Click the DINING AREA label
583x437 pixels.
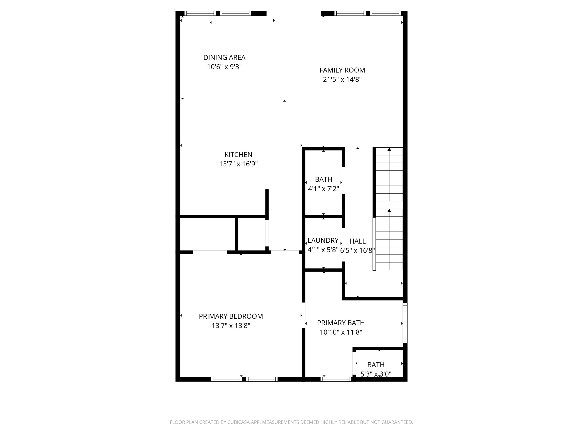[x=224, y=57]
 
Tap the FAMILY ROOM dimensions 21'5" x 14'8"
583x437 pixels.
[x=342, y=80]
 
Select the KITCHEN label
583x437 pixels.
[x=238, y=155]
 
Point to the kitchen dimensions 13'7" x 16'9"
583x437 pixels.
[x=238, y=164]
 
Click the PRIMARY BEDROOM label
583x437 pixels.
[x=231, y=316]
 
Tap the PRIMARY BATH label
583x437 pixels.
[x=341, y=323]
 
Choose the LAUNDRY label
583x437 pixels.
[x=323, y=240]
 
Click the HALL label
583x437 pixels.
[x=357, y=241]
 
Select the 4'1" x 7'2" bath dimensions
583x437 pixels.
[x=323, y=189]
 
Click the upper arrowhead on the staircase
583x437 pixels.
[x=389, y=149]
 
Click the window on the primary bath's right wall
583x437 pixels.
[x=405, y=323]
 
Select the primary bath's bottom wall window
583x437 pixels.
[x=336, y=379]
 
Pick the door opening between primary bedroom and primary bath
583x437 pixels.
[x=304, y=315]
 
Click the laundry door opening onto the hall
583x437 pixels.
[x=343, y=245]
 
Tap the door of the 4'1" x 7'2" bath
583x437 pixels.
[x=343, y=180]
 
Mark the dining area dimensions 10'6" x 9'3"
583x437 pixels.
[x=224, y=67]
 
